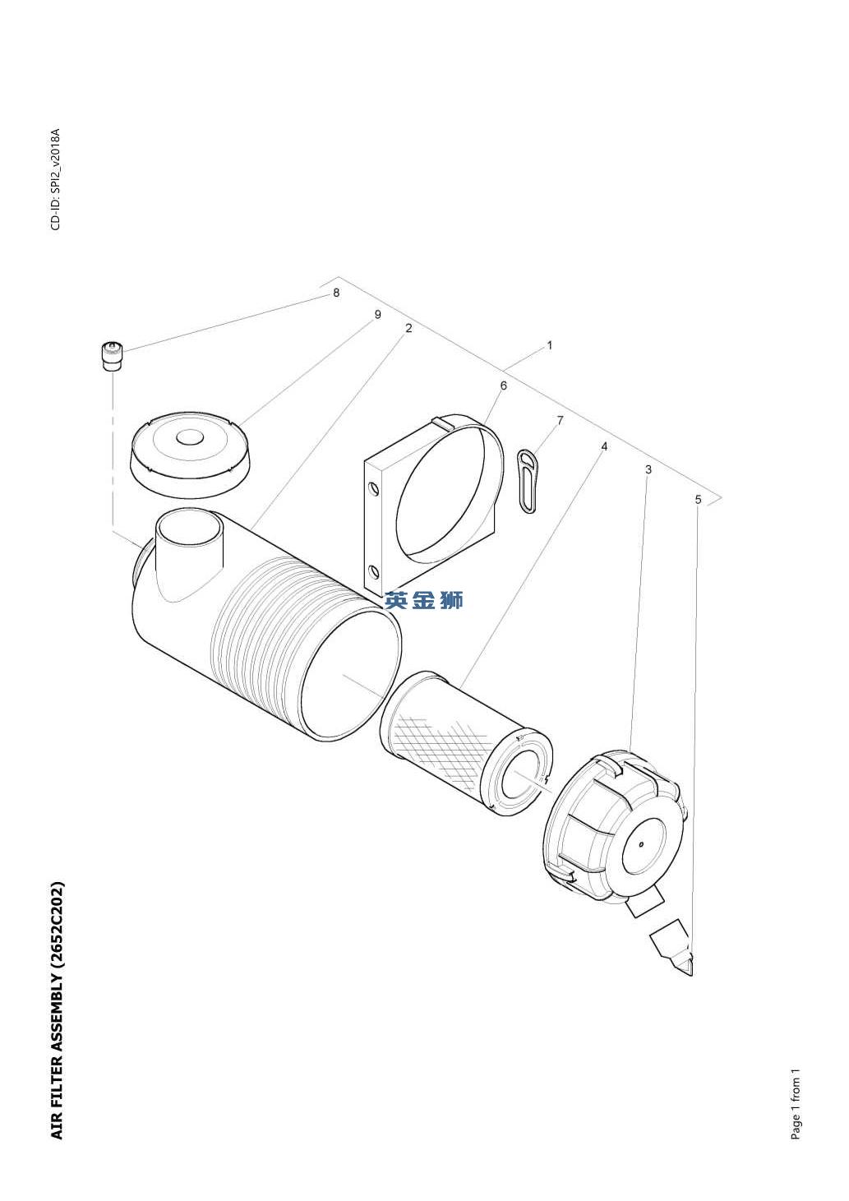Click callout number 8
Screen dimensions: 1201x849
(335, 293)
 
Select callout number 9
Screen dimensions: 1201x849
(377, 315)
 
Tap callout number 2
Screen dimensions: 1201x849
(408, 328)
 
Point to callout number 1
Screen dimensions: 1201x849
(550, 345)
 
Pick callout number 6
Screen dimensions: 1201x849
(503, 386)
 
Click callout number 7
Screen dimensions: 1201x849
(560, 421)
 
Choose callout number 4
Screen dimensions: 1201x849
(604, 446)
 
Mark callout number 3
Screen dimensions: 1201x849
(648, 469)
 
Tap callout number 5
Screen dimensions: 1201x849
(698, 499)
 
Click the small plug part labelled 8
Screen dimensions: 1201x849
(111, 356)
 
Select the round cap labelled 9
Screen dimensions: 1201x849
(191, 455)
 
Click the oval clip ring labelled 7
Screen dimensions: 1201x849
(528, 481)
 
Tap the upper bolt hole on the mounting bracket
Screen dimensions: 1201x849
(374, 490)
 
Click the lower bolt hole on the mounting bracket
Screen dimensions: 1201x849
(374, 572)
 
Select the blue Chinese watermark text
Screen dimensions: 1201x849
(424, 601)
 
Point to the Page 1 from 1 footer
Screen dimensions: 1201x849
(796, 1104)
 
